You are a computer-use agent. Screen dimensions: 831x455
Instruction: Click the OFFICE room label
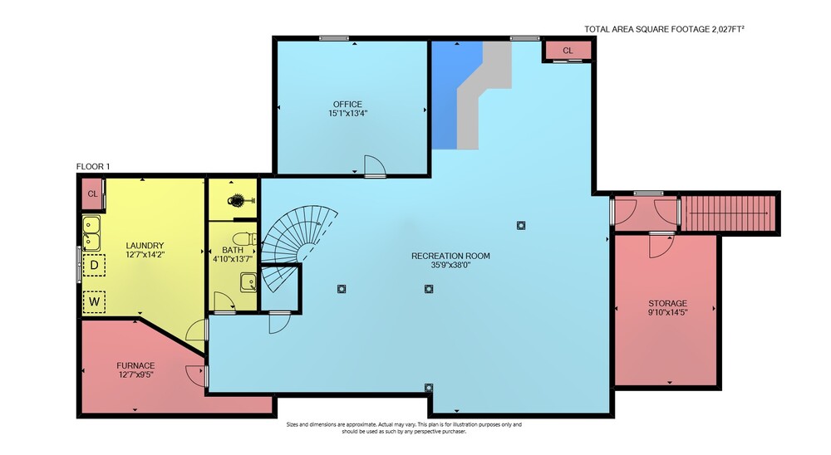(x=347, y=105)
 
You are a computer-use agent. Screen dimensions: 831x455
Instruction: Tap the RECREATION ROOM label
(x=450, y=256)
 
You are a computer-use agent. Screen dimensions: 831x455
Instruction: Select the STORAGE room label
(x=668, y=304)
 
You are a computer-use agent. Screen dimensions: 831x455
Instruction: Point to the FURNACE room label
(x=135, y=365)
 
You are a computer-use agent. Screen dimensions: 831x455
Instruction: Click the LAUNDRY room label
(x=145, y=246)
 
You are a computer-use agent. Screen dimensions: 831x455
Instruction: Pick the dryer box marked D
(x=95, y=265)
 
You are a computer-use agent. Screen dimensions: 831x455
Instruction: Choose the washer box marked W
(x=95, y=302)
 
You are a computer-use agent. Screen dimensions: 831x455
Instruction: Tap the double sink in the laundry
(x=91, y=233)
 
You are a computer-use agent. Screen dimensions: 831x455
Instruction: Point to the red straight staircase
(x=728, y=213)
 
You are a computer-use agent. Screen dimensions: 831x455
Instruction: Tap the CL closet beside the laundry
(x=93, y=193)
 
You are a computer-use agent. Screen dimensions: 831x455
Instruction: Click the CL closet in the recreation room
(x=568, y=51)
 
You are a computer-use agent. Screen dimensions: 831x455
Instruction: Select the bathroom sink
(x=248, y=281)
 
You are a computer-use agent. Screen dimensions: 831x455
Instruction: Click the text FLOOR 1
(x=93, y=167)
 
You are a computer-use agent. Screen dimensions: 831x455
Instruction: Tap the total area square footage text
(x=664, y=29)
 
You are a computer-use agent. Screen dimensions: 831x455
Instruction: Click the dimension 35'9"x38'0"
(x=450, y=265)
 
